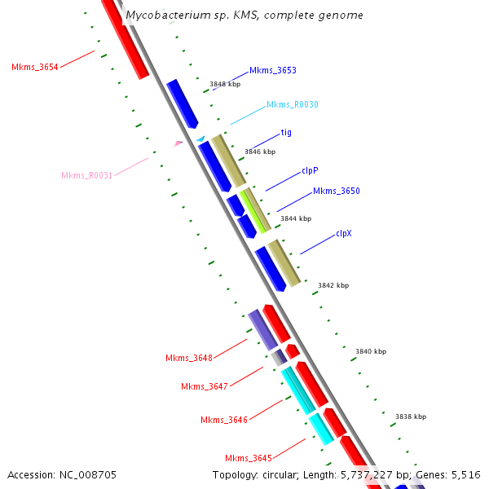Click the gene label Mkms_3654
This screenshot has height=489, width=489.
tap(34, 67)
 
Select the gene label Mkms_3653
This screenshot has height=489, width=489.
tap(272, 71)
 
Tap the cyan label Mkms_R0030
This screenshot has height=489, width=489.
tap(292, 104)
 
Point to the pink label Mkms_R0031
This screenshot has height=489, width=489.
tap(86, 175)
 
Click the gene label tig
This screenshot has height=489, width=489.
tap(286, 132)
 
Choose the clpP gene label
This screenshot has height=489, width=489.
tap(310, 170)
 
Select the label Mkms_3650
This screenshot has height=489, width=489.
tap(336, 191)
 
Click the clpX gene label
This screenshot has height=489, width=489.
tap(344, 233)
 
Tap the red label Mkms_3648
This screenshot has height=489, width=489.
tap(188, 358)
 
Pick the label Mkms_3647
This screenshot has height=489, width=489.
tap(204, 386)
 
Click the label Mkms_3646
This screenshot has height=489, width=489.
tap(223, 420)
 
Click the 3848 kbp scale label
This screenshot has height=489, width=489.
tap(225, 84)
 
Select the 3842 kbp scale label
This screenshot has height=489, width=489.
tap(333, 285)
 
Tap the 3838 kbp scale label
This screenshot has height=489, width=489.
tap(411, 416)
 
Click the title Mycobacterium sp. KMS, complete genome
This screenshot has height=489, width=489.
tap(244, 15)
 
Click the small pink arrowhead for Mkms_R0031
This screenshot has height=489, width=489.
tap(178, 143)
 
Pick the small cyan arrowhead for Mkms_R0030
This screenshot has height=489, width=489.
tap(200, 139)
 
